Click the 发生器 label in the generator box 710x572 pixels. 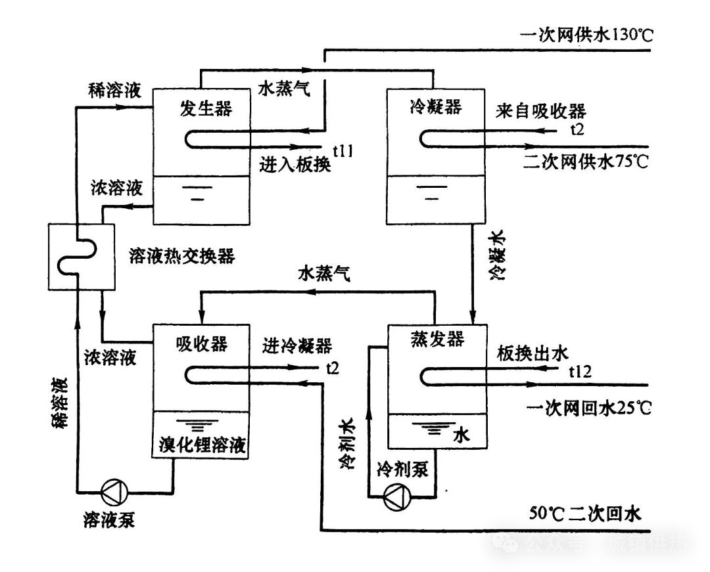[206, 108]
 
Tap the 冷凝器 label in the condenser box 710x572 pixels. [435, 106]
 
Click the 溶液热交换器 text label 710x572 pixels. [183, 255]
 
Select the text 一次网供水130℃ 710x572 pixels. [586, 35]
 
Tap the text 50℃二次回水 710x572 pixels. [584, 513]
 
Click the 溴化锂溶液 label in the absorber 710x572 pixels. [202, 447]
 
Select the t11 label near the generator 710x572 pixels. [343, 152]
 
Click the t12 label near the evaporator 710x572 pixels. [580, 372]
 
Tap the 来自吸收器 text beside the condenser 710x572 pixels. [540, 111]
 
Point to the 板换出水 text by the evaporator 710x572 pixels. [532, 355]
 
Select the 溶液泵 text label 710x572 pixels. [109, 520]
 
